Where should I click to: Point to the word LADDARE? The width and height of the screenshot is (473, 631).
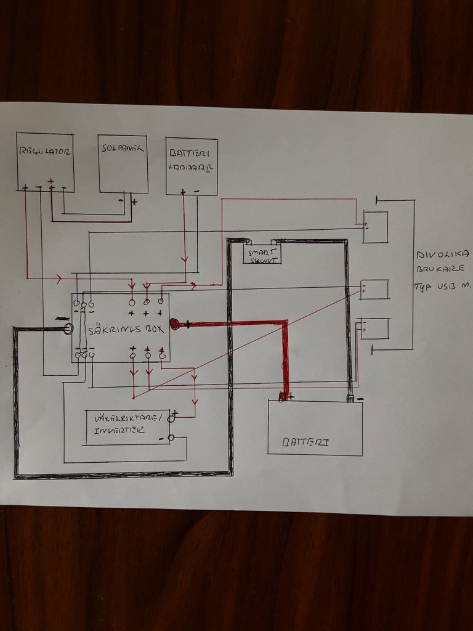192,167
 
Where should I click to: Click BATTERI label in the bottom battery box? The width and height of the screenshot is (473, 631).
305,442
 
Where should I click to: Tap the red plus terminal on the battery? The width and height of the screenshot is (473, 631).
283,397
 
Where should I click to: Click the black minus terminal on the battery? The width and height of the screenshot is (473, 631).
350,398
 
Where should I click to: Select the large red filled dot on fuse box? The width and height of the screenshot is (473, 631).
175,324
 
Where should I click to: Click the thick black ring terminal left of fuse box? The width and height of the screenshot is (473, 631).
67,330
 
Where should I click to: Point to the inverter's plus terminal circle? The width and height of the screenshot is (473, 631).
171,418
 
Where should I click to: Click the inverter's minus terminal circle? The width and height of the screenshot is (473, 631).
171,438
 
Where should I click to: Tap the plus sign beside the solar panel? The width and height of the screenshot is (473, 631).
134,202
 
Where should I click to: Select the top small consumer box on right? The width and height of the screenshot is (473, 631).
375,227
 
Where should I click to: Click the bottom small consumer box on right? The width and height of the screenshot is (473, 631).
374,328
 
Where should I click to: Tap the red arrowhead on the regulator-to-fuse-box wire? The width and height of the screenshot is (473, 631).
59,279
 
